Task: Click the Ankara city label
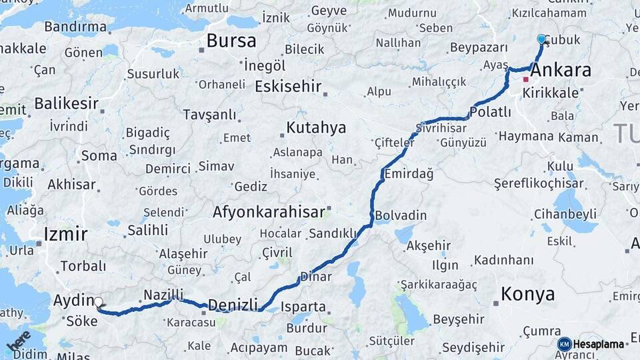click(x=562, y=69)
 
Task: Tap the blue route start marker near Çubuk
click(x=541, y=39)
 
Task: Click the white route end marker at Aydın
click(x=99, y=302)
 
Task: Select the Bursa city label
click(x=231, y=41)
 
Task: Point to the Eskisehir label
click(x=288, y=87)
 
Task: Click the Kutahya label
click(x=316, y=127)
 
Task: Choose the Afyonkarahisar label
click(x=268, y=213)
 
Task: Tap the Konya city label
click(x=527, y=294)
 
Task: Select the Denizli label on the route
click(x=233, y=305)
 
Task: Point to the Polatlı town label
click(x=490, y=111)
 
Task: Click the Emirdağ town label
click(x=409, y=174)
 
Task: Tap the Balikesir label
click(x=66, y=104)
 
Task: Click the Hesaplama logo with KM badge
click(x=591, y=344)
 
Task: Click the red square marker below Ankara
click(x=525, y=79)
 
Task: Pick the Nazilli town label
click(x=163, y=294)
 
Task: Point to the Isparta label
click(x=303, y=307)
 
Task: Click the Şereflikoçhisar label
click(x=539, y=183)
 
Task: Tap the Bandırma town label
click(x=75, y=27)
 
